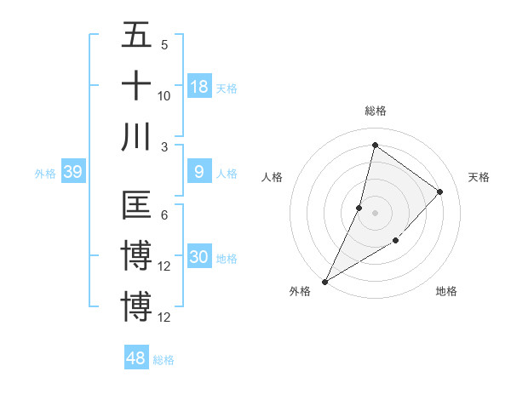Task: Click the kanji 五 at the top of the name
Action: tap(136, 35)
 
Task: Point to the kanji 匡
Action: tap(136, 206)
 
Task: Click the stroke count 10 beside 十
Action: tap(164, 95)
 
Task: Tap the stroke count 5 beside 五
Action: tap(164, 44)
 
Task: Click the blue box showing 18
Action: tap(199, 86)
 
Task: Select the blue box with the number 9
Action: tap(199, 172)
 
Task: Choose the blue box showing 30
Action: tap(199, 258)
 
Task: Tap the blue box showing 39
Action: tap(72, 173)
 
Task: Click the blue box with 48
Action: tap(136, 358)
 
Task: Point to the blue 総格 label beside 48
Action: tap(164, 360)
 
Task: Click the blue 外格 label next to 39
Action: tap(45, 174)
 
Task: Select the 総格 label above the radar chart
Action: tap(375, 111)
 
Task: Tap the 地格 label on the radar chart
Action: tap(446, 291)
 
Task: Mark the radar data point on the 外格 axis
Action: tap(324, 282)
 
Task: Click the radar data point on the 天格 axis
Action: tap(440, 191)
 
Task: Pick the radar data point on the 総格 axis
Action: tap(375, 146)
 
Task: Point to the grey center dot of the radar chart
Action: tap(375, 213)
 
